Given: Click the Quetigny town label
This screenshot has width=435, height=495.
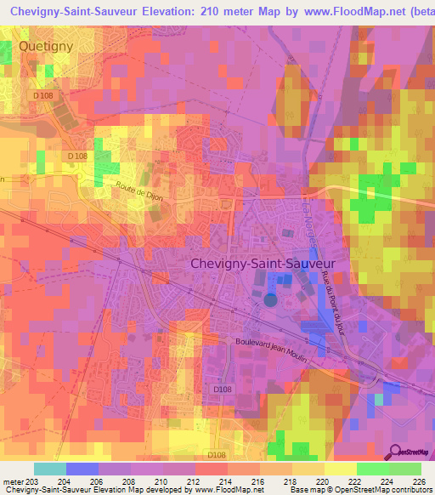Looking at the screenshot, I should click(47, 45).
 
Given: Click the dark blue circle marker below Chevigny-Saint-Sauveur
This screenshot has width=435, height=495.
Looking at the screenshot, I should click(271, 299).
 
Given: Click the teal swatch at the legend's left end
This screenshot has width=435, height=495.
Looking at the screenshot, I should click(49, 469).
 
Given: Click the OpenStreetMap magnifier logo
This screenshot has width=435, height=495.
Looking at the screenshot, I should click(395, 452).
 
